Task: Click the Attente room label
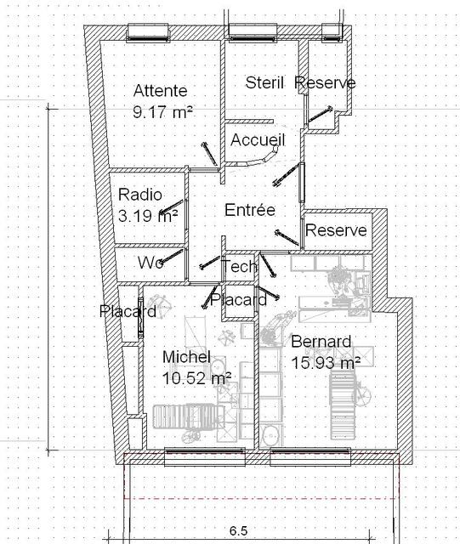(160, 91)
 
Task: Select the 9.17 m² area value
(162, 112)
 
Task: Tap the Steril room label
(264, 82)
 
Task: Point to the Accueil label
(258, 139)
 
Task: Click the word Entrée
(250, 210)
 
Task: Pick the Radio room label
(140, 195)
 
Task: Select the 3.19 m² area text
(148, 216)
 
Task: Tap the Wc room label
(150, 263)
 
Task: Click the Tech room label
(240, 266)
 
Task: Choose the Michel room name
(186, 357)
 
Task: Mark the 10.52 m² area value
(197, 378)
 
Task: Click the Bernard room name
(321, 342)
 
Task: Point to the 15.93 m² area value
(326, 363)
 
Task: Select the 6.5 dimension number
(239, 530)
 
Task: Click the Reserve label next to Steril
(325, 82)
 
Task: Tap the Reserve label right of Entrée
(336, 230)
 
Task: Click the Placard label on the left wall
(128, 311)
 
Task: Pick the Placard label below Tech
(239, 299)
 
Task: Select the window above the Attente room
(148, 32)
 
